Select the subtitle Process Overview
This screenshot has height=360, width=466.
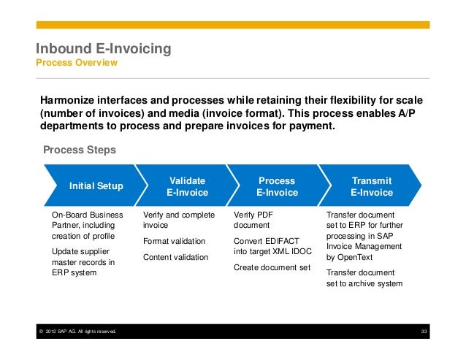click(76, 64)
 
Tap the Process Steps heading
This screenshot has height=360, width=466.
click(79, 150)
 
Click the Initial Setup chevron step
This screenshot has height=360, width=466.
click(96, 186)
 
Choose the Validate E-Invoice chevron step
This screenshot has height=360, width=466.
click(187, 186)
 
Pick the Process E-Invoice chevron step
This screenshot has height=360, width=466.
click(277, 186)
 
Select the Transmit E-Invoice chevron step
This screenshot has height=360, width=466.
click(371, 186)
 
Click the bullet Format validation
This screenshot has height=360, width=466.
click(174, 241)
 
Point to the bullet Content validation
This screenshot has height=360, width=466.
click(175, 257)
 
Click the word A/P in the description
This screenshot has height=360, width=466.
click(414, 112)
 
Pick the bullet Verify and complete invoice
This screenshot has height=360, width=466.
click(179, 221)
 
